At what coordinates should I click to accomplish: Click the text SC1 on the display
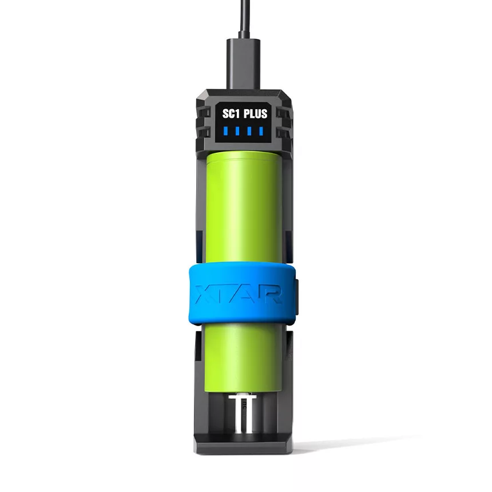[x=232, y=114]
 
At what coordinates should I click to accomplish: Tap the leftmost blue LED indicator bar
[x=225, y=131]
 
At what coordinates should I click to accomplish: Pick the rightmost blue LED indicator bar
[x=261, y=131]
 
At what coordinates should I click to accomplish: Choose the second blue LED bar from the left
[x=237, y=131]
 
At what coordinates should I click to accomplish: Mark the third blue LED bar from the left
[x=249, y=131]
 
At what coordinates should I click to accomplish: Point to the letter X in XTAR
[x=203, y=295]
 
